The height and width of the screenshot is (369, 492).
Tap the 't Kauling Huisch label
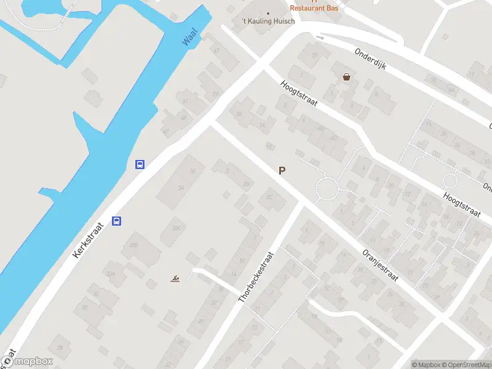pyautogui.click(x=268, y=22)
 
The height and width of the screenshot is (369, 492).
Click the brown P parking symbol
pyautogui.click(x=282, y=172)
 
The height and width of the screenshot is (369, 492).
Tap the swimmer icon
pyautogui.click(x=175, y=280)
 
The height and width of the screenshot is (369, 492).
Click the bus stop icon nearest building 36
pyautogui.click(x=140, y=164)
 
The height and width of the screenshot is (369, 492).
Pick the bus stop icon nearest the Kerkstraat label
pyautogui.click(x=117, y=221)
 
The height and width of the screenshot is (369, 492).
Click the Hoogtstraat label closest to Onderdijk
pyautogui.click(x=299, y=93)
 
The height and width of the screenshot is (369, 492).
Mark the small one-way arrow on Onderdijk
pyautogui.click(x=319, y=38)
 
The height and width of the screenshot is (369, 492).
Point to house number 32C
pyautogui.click(x=178, y=227)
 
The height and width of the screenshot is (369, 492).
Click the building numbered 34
pyautogui.click(x=181, y=188)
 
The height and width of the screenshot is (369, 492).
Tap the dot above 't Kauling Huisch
pyautogui.click(x=268, y=13)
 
